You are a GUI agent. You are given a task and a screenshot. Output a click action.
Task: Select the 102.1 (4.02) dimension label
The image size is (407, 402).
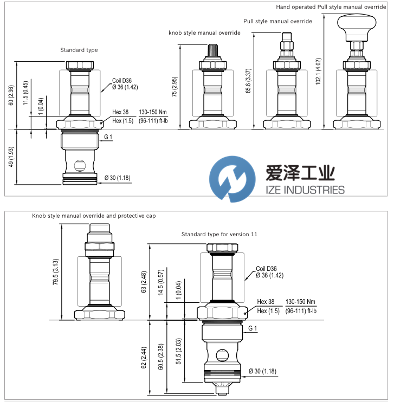click(x=318, y=72)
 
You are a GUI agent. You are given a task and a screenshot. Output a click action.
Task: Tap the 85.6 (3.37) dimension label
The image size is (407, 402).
click(x=248, y=81)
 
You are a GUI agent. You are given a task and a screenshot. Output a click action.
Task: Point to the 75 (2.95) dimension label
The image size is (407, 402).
click(x=174, y=87)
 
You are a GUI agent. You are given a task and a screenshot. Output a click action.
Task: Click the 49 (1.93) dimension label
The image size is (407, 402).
click(x=11, y=157)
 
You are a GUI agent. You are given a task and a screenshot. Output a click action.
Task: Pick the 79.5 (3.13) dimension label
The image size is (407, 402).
click(x=56, y=272)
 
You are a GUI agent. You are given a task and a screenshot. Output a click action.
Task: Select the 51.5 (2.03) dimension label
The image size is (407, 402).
click(x=179, y=352)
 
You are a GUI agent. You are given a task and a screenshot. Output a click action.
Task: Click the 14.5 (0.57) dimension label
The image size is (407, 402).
click(x=161, y=282)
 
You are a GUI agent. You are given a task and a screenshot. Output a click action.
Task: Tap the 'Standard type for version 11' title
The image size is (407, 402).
click(x=219, y=235)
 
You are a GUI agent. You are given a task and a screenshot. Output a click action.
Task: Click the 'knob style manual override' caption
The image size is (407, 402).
click(x=204, y=33)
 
